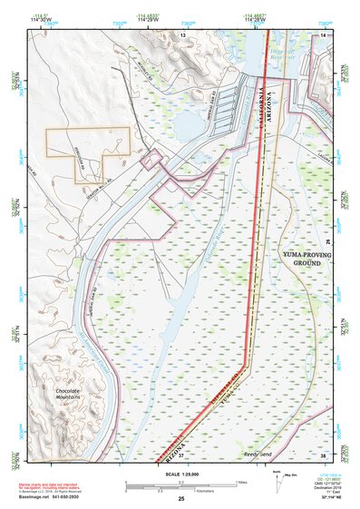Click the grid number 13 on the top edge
181,34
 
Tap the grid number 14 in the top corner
322,34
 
